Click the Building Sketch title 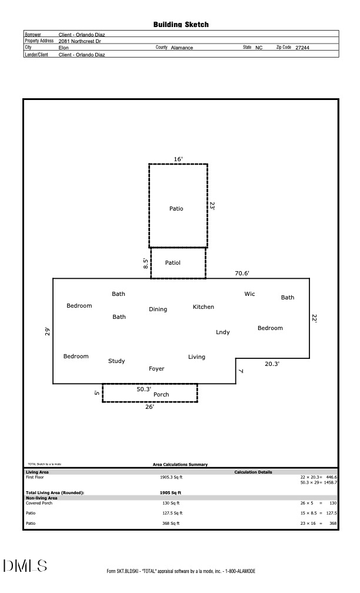(181, 25)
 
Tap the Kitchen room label (204, 307)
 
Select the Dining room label (158, 309)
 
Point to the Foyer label (156, 369)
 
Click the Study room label (116, 361)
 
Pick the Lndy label (223, 332)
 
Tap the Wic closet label (250, 294)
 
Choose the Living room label (196, 357)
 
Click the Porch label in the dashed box (161, 395)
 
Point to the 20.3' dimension (272, 364)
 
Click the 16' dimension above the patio (178, 159)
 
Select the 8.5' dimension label (146, 263)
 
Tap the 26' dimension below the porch (149, 407)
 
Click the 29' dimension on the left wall (48, 331)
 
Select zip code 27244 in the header (302, 48)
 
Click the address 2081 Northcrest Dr (80, 41)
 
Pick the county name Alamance (182, 48)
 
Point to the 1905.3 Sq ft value (171, 477)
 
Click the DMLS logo (25, 567)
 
